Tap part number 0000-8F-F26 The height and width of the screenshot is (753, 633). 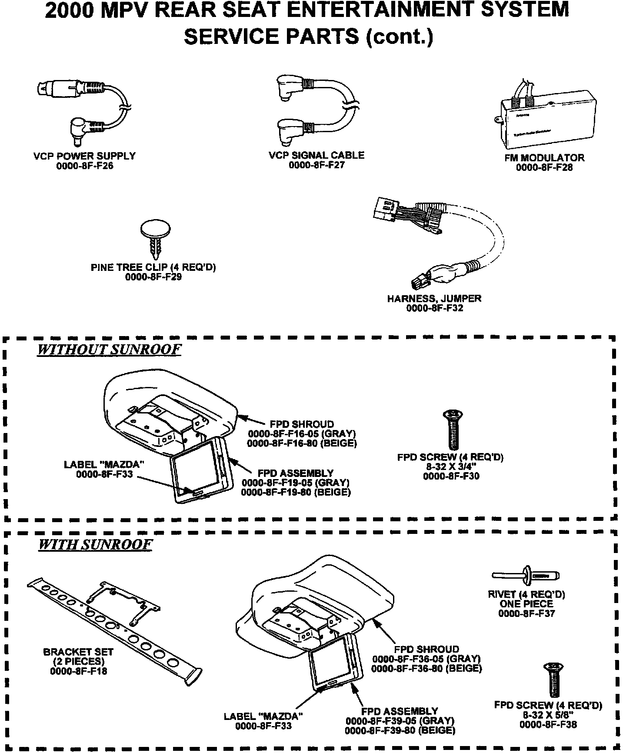[x=84, y=166]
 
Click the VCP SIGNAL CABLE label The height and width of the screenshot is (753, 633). [x=316, y=155]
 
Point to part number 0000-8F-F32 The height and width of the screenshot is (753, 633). [x=434, y=308]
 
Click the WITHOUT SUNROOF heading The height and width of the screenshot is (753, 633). [x=109, y=350]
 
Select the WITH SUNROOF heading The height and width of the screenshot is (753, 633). [x=96, y=545]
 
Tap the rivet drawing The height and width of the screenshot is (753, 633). [x=526, y=576]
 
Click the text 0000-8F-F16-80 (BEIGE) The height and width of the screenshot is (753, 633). [x=302, y=443]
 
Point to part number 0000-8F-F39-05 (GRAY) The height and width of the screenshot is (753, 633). [x=400, y=721]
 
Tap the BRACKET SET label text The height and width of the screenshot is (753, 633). [x=78, y=652]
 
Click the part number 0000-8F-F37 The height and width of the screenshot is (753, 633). [x=526, y=614]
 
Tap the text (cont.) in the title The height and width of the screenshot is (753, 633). [x=400, y=37]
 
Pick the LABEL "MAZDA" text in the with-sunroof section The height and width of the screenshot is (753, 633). [x=263, y=716]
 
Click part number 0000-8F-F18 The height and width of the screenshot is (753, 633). [x=79, y=671]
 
